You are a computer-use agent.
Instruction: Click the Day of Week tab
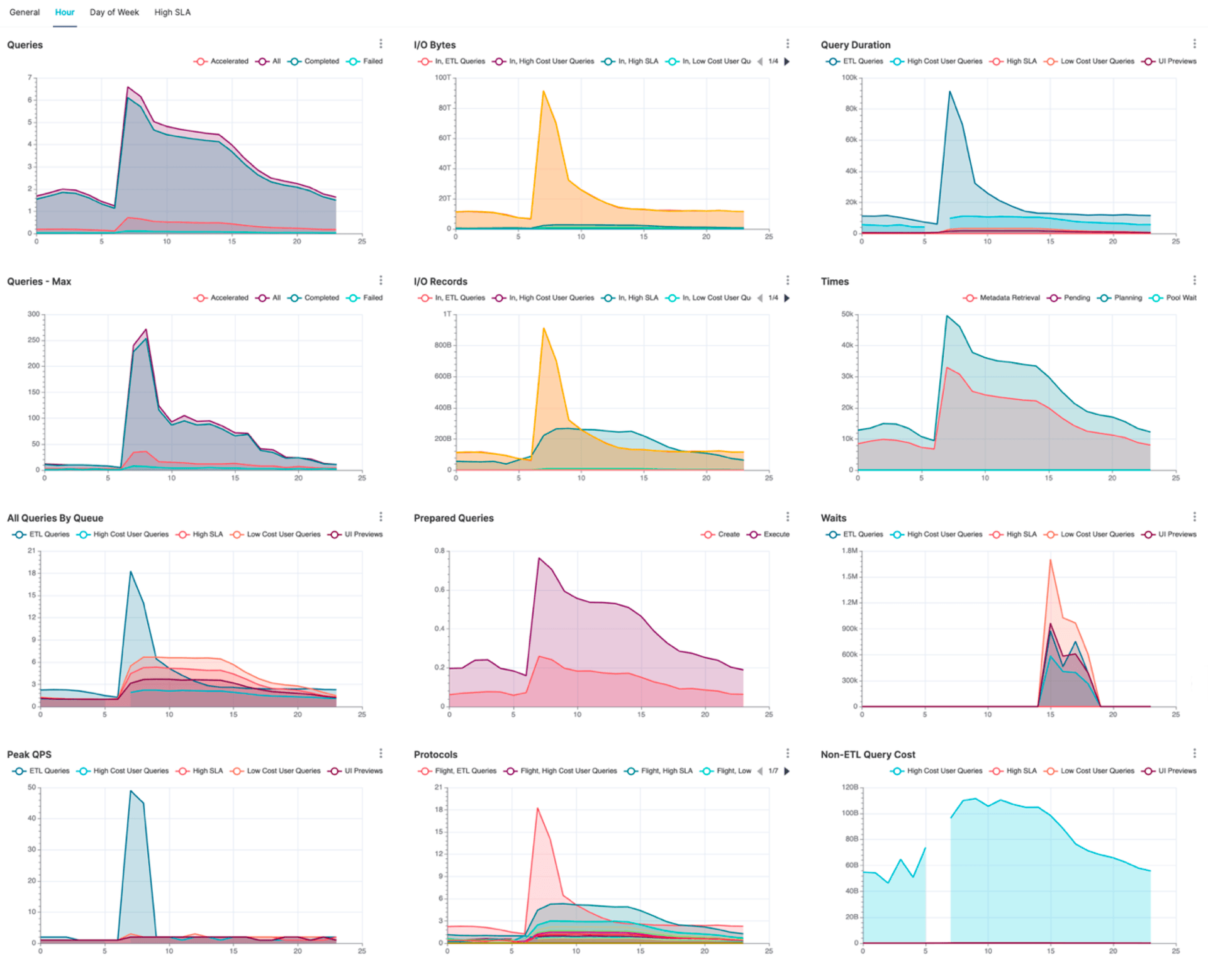pyautogui.click(x=114, y=13)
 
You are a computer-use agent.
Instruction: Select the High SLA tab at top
pyautogui.click(x=172, y=13)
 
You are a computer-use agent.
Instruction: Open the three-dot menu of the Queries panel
pyautogui.click(x=381, y=44)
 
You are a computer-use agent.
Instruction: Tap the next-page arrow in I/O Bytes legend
pyautogui.click(x=787, y=62)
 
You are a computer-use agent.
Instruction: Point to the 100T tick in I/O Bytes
pyautogui.click(x=443, y=78)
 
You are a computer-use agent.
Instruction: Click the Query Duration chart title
pyautogui.click(x=855, y=45)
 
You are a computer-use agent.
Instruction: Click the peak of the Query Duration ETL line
pyautogui.click(x=950, y=92)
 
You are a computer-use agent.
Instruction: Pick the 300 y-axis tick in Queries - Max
pyautogui.click(x=33, y=314)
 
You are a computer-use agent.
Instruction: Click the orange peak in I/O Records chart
pyautogui.click(x=544, y=328)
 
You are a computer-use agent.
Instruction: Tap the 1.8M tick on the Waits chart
pyautogui.click(x=849, y=551)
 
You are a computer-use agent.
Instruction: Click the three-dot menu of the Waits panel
pyautogui.click(x=1194, y=517)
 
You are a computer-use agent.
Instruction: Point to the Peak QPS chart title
pyautogui.click(x=29, y=754)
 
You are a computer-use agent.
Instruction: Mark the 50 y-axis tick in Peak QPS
pyautogui.click(x=31, y=787)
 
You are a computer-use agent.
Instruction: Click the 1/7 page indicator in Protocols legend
pyautogui.click(x=773, y=771)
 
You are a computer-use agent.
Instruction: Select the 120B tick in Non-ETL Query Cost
pyautogui.click(x=851, y=787)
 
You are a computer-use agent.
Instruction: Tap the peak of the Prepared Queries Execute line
pyautogui.click(x=539, y=558)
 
